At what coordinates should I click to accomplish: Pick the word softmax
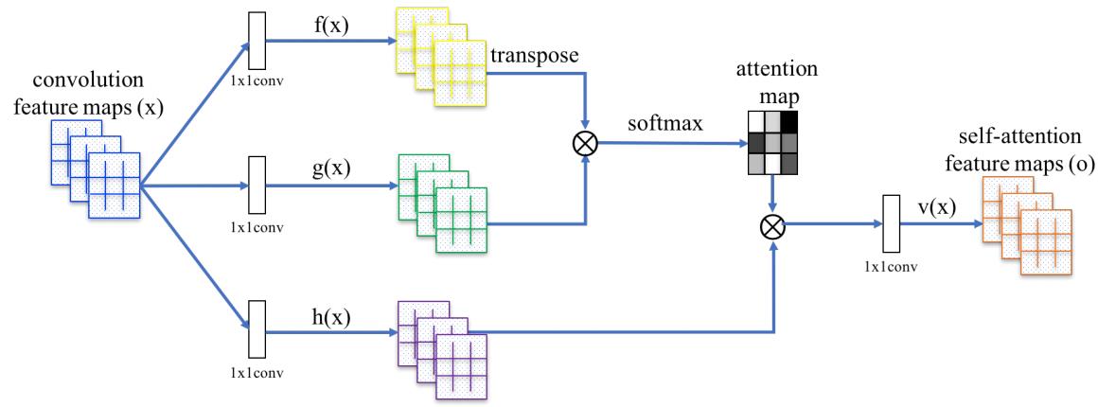662,126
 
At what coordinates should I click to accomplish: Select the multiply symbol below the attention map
773,225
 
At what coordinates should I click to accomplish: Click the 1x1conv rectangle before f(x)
254,41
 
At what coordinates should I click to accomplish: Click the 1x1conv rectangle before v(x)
889,224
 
